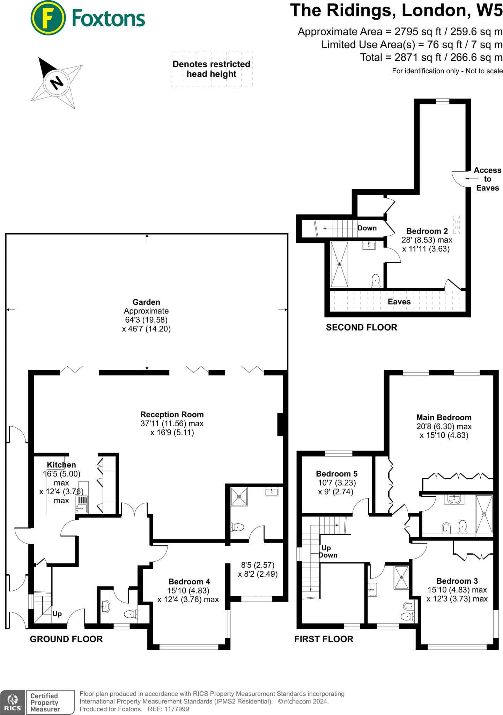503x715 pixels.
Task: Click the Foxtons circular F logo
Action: coord(48,18)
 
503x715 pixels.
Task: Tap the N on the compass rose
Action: coord(57,83)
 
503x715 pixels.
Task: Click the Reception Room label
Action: coord(172,414)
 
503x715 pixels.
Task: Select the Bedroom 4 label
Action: coord(189,582)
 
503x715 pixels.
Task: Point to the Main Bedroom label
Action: coord(444,418)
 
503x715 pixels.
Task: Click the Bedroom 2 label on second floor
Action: coord(427,231)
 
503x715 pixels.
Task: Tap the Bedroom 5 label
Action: coord(336,474)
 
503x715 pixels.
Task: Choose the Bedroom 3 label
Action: coord(457,581)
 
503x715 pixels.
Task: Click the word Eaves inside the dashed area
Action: coord(399,302)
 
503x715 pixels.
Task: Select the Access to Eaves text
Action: coord(487,179)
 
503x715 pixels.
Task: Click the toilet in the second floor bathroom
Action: coord(376,280)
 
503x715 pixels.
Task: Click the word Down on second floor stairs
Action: coord(367,228)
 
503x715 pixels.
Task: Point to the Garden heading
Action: coord(146,302)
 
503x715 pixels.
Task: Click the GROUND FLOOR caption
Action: coord(66,639)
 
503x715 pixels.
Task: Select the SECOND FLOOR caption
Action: coord(361,327)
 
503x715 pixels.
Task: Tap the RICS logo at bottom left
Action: coord(13,702)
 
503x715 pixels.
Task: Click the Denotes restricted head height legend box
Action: coord(212,69)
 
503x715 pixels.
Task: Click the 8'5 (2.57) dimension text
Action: coord(258,565)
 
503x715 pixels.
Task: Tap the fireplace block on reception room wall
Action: coord(280,424)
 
